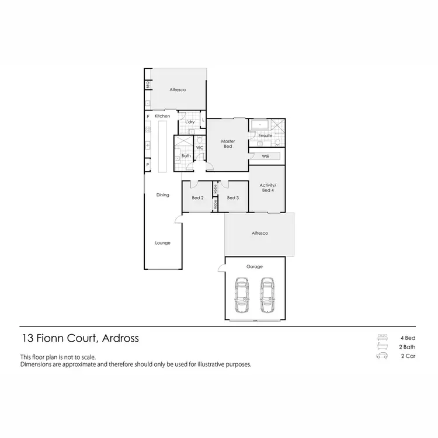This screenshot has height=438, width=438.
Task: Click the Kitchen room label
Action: tap(162, 117)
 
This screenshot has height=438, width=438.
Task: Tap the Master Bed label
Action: tap(228, 144)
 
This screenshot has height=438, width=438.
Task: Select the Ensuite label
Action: tap(266, 136)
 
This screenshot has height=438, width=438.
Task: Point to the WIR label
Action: tap(266, 157)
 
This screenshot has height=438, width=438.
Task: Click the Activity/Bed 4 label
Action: tap(267, 188)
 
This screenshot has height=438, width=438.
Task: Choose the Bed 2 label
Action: tap(197, 198)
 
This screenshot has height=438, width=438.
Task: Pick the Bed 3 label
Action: tap(232, 198)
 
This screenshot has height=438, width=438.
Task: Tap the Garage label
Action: tap(255, 267)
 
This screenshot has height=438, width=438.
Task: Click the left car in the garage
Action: tap(241, 296)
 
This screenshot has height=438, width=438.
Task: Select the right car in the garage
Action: tap(267, 296)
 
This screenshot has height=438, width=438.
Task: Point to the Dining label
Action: tap(162, 195)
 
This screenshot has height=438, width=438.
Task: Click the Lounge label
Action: tap(162, 243)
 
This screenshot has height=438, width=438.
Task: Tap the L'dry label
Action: tap(190, 121)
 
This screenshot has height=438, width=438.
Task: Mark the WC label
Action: tap(199, 148)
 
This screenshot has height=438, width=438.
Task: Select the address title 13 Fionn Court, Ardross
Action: tap(80, 338)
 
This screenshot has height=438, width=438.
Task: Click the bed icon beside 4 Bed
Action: tap(383, 338)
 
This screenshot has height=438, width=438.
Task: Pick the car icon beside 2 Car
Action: tap(383, 355)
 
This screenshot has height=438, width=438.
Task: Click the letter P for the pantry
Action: tap(148, 165)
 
